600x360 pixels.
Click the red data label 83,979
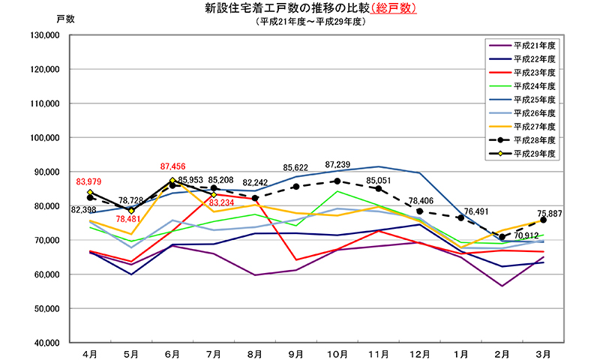pos(88,181)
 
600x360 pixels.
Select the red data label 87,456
pos(173,166)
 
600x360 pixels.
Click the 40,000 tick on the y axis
pos(45,343)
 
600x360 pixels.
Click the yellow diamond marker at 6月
pos(172,181)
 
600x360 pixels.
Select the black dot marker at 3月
pos(543,220)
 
